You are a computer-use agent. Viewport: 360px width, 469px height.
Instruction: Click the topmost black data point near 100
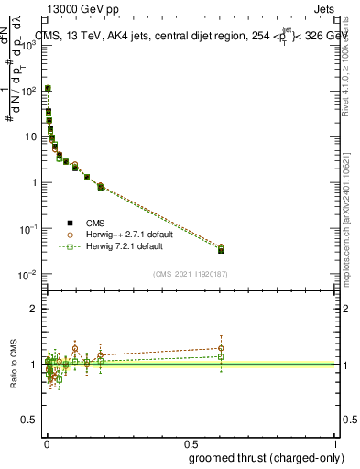click(x=48, y=89)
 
